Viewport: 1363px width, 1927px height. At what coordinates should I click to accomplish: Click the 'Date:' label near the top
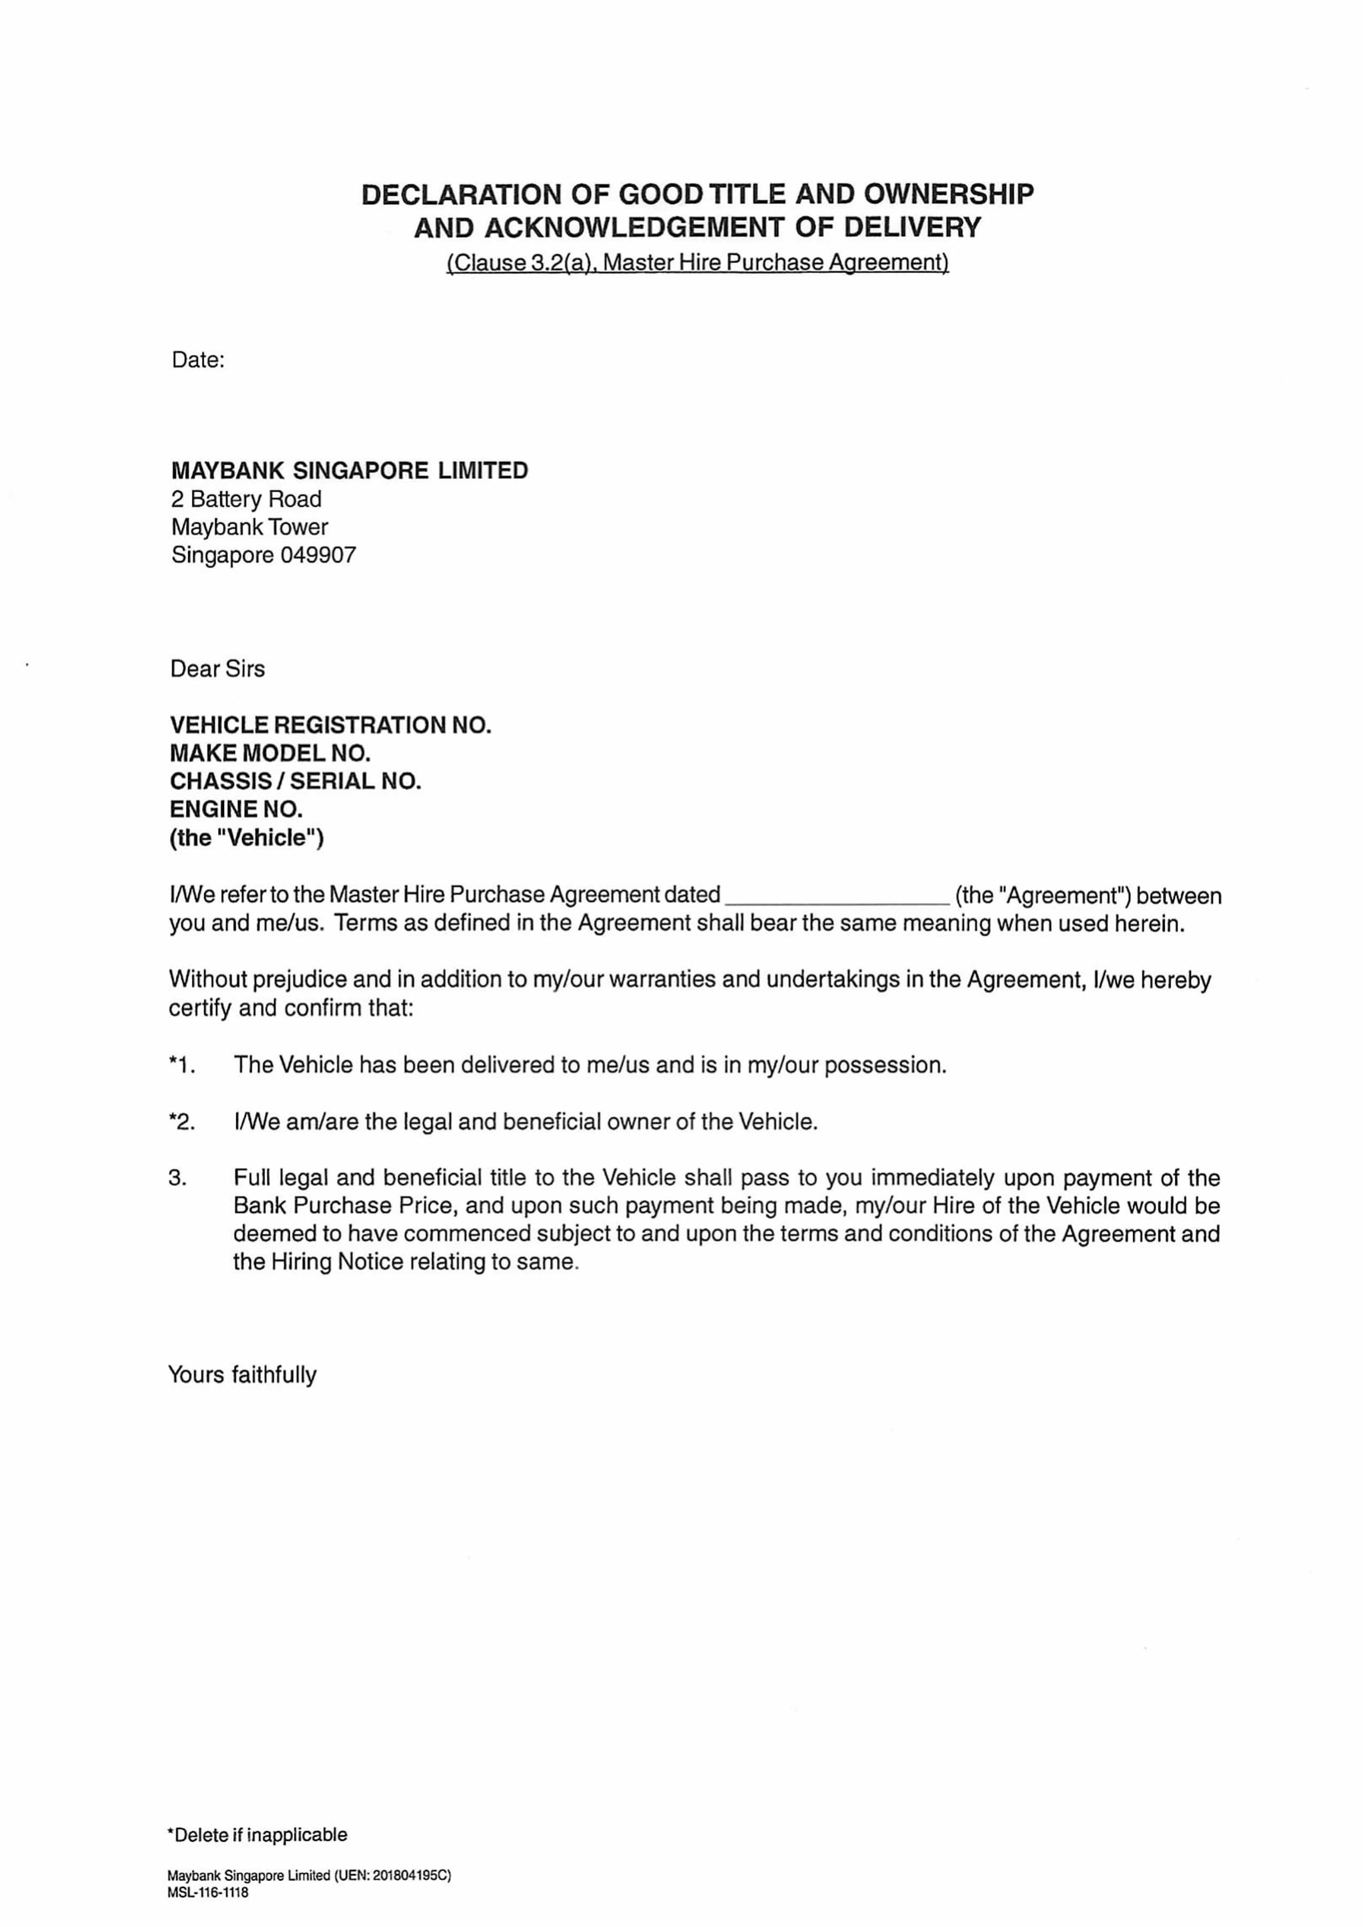click(198, 360)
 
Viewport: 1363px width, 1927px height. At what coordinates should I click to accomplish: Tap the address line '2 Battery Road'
click(246, 499)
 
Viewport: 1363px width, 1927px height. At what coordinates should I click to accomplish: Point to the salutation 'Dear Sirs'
click(218, 669)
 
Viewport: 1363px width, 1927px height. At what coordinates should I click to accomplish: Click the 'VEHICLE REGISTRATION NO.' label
click(330, 725)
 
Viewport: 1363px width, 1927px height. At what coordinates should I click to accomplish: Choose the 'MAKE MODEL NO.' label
click(270, 753)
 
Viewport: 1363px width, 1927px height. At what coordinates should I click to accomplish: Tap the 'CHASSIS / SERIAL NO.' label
click(296, 781)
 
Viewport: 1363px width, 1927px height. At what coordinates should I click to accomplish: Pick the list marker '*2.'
click(182, 1121)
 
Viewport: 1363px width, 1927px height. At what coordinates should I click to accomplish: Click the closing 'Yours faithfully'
click(243, 1375)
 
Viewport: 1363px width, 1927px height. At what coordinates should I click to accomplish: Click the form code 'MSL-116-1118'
click(207, 1893)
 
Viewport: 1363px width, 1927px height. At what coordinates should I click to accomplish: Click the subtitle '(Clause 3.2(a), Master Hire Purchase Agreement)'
click(698, 262)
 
